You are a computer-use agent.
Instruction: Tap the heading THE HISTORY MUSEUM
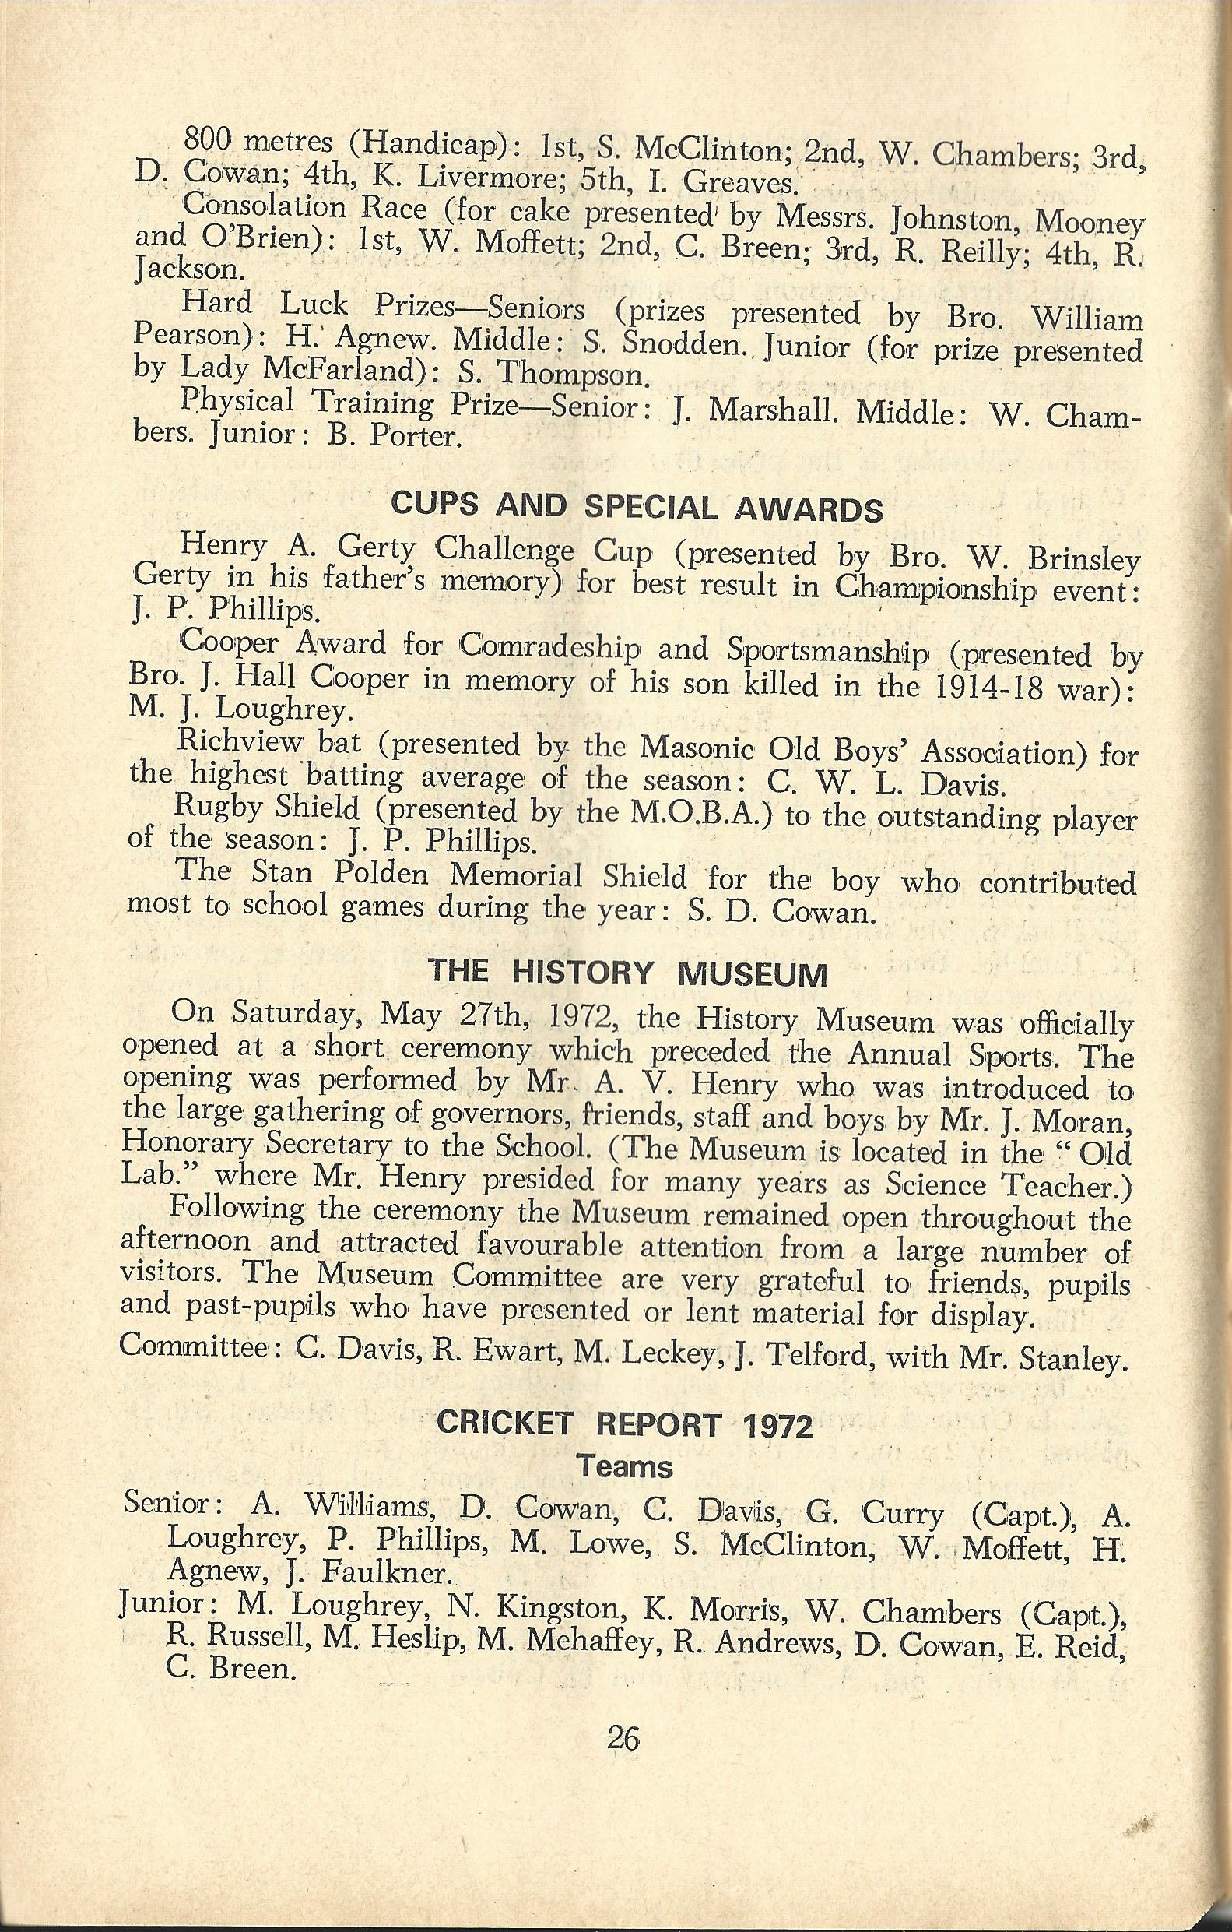(628, 973)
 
